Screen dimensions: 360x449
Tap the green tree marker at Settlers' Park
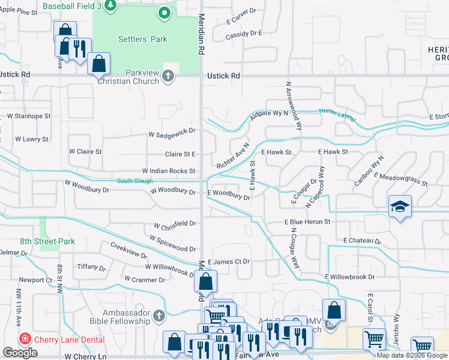[164, 13]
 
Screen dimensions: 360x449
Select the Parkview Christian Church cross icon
[168, 76]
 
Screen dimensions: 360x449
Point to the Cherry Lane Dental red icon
[25, 338]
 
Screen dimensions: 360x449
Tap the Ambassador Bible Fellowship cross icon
[158, 315]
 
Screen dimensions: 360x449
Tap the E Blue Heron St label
[307, 221]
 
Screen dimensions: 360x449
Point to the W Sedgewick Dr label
[173, 132]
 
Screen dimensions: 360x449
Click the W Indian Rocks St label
[169, 171]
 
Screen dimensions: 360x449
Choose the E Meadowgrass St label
[400, 178]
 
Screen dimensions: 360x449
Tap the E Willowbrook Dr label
[349, 277]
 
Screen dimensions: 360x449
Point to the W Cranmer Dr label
[145, 280]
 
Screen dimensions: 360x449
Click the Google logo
[20, 353]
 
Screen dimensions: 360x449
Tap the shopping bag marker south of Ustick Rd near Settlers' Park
[98, 62]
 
